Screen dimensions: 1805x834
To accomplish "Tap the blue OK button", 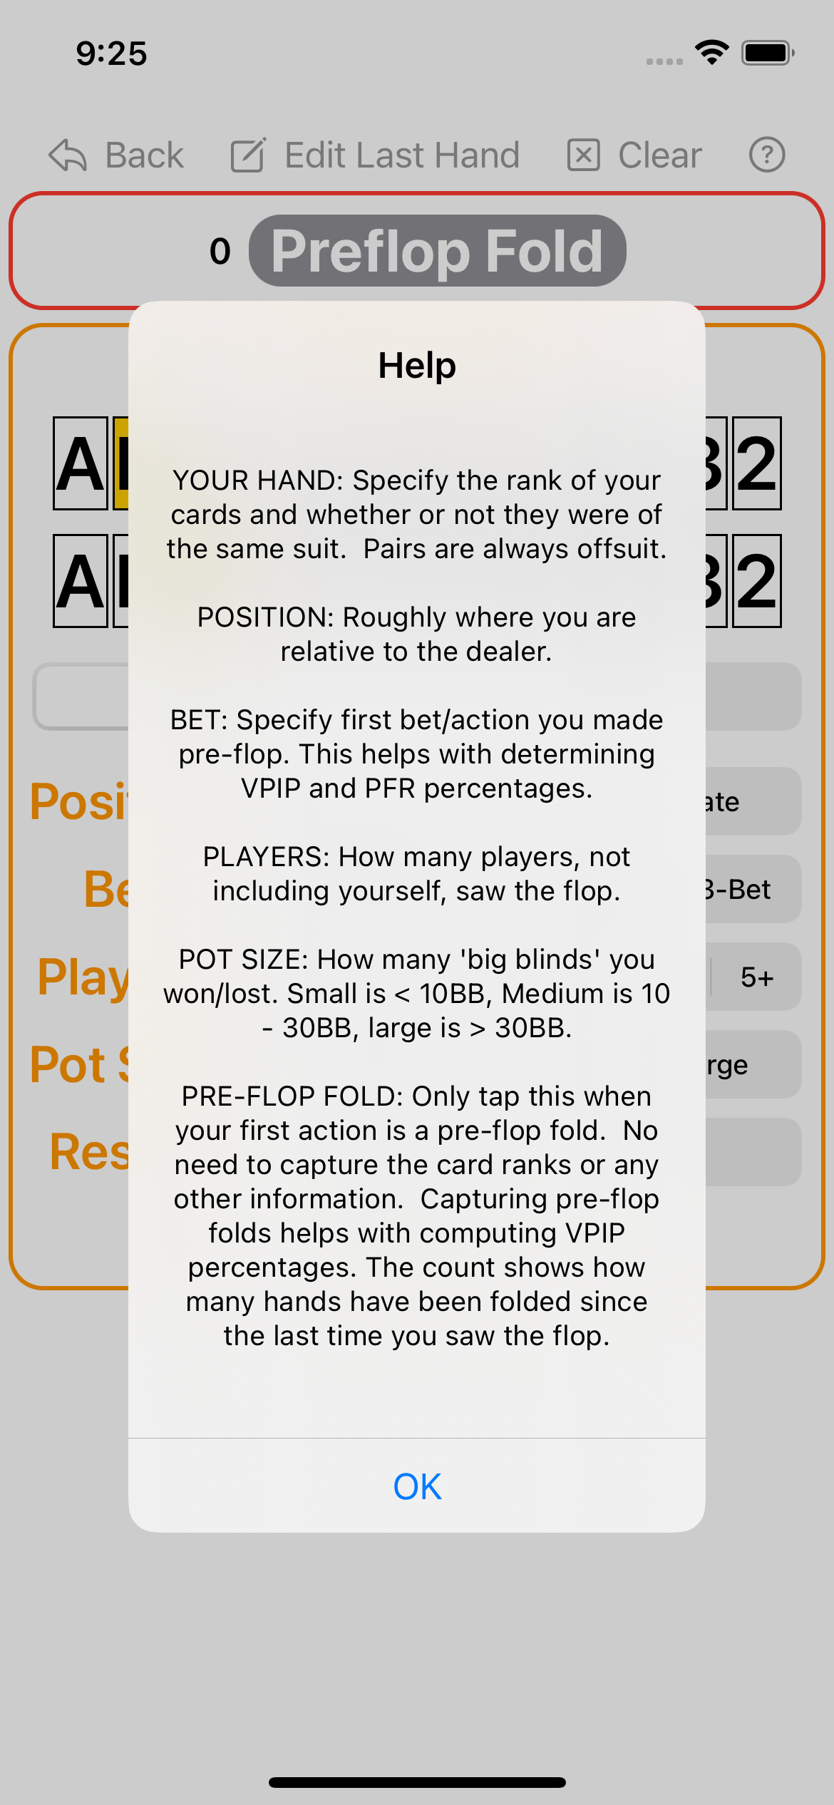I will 417,1486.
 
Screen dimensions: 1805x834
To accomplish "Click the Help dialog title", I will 417,366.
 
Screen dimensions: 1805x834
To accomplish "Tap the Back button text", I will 144,155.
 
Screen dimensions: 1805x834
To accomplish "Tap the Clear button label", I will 659,155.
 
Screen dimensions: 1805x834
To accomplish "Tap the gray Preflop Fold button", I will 437,251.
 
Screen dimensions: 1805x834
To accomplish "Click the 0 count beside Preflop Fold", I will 220,252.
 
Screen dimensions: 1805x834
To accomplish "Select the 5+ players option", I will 756,977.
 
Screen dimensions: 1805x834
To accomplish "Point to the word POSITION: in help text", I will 265,617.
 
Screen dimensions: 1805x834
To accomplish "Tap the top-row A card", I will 81,463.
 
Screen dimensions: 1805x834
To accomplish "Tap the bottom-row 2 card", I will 756,581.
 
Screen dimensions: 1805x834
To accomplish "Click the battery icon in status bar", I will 767,53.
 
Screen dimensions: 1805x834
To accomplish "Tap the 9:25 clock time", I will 111,54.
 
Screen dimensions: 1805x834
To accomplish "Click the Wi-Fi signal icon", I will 711,53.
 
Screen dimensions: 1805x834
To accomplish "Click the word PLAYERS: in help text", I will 266,857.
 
